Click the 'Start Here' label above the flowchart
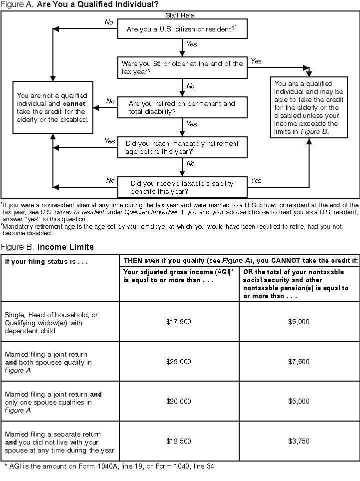pyautogui.click(x=179, y=15)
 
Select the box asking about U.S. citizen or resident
pyautogui.click(x=181, y=29)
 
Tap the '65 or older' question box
pyautogui.click(x=182, y=67)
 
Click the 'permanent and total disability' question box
pyautogui.click(x=182, y=107)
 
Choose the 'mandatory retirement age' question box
pyautogui.click(x=182, y=147)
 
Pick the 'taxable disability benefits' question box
pyautogui.click(x=182, y=187)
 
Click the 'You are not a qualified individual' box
pyautogui.click(x=52, y=107)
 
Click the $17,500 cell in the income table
pyautogui.click(x=179, y=322)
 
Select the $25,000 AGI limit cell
pyautogui.click(x=179, y=362)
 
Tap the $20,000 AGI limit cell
pyautogui.click(x=179, y=401)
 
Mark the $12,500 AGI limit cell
pyautogui.click(x=179, y=441)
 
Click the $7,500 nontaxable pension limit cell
pyautogui.click(x=299, y=362)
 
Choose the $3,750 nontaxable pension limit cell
pyautogui.click(x=299, y=441)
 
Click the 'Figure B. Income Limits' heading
pyautogui.click(x=47, y=247)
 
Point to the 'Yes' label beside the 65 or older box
pyautogui.click(x=256, y=61)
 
